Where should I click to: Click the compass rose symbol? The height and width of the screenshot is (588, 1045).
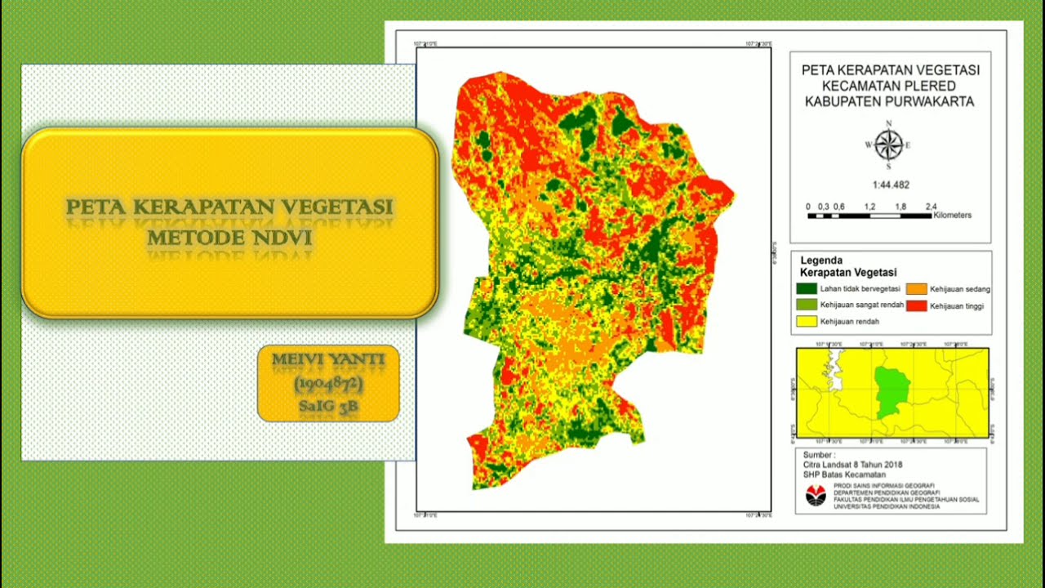[x=888, y=145]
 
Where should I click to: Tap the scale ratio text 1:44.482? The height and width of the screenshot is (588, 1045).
[x=890, y=185]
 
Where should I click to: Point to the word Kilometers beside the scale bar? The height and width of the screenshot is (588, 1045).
[x=953, y=216]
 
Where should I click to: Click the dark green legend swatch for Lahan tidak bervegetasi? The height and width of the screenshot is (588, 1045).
[x=806, y=289]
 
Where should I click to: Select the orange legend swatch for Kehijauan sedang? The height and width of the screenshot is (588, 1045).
[x=916, y=289]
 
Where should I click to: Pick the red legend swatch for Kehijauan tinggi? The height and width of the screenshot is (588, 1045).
[x=916, y=305]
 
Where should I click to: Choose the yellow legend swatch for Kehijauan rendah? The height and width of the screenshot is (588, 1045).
[x=806, y=322]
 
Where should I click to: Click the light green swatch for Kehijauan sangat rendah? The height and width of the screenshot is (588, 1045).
[x=806, y=305]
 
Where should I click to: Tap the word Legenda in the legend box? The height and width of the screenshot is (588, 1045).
[x=821, y=261]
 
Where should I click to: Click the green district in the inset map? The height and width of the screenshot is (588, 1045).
[x=892, y=391]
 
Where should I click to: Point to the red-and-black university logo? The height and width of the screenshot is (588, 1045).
[x=816, y=496]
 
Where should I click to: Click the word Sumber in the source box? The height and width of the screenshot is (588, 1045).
[x=818, y=455]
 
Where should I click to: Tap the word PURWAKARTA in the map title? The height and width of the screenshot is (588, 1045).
[x=931, y=102]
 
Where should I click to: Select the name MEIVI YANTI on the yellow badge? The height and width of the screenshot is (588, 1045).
[x=328, y=359]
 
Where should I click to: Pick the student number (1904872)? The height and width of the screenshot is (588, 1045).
[x=328, y=383]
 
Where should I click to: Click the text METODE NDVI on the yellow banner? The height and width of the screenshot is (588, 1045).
[x=229, y=238]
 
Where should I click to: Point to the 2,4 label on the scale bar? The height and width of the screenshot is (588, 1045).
[x=931, y=207]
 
